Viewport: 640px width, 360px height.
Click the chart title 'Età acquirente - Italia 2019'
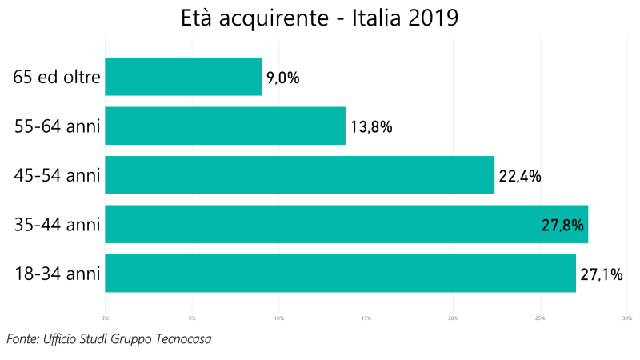[x=320, y=18]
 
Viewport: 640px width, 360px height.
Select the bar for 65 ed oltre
[x=183, y=77]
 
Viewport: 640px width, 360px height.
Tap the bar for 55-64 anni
[x=225, y=126]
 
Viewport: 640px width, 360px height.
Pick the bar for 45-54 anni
[x=299, y=175]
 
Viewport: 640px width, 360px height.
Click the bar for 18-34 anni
[x=340, y=274]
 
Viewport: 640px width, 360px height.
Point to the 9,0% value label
[x=282, y=78]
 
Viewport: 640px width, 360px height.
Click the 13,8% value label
[x=370, y=126]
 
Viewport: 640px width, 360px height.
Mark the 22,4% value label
[x=520, y=176]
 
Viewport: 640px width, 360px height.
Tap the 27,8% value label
[x=562, y=226]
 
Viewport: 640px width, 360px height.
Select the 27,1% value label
[x=602, y=274]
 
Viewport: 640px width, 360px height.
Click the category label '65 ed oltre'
[x=57, y=77]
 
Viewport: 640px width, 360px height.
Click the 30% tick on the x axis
[x=627, y=318]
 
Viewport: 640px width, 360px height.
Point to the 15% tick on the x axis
[x=366, y=318]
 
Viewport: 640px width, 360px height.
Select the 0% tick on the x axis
[x=105, y=318]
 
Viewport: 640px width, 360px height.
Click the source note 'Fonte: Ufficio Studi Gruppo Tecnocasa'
[x=109, y=339]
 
